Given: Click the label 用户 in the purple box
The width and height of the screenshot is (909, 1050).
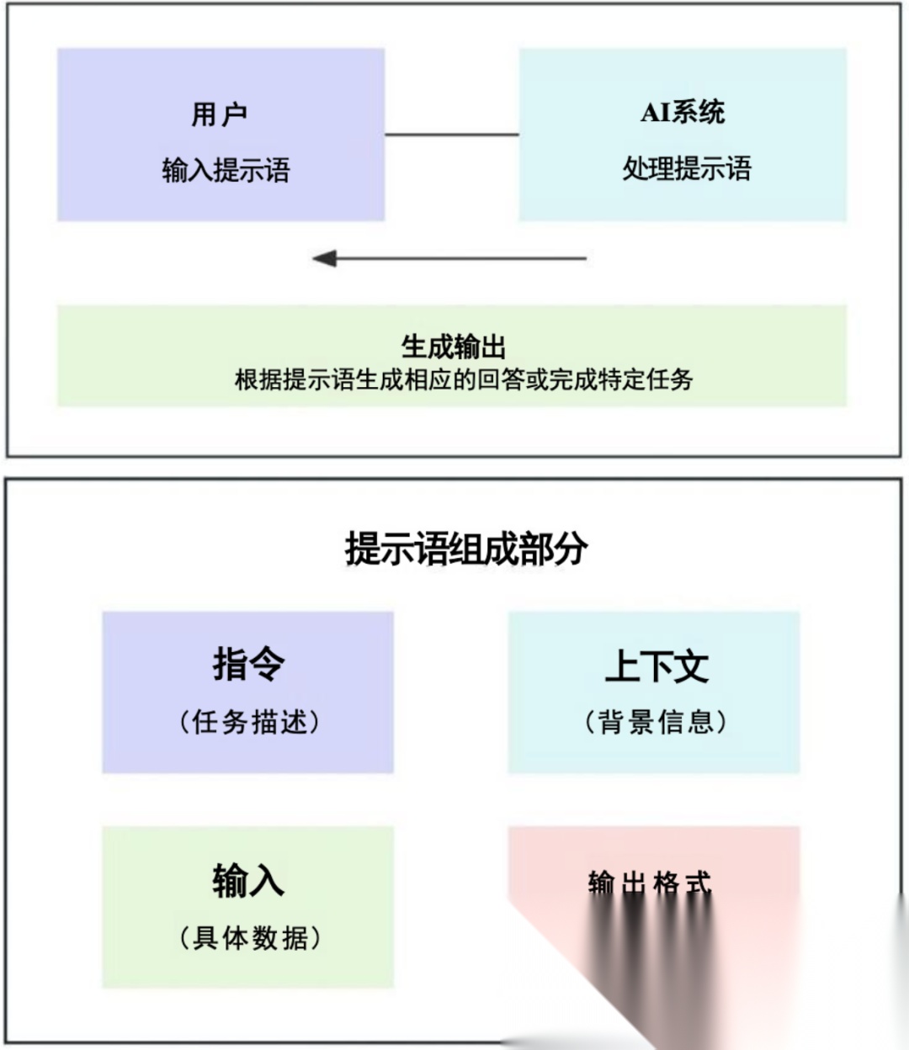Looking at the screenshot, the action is click(x=219, y=114).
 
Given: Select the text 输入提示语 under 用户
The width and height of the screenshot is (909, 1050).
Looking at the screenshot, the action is click(x=226, y=171).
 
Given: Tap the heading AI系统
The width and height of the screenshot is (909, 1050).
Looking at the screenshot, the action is click(x=683, y=112).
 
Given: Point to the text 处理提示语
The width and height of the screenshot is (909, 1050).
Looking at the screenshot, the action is click(x=686, y=168).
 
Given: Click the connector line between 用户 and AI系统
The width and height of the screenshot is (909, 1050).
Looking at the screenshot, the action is click(x=452, y=135).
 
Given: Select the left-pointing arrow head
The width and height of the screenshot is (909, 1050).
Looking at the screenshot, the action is click(x=325, y=258).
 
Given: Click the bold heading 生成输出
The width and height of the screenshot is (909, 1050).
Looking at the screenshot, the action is click(x=453, y=347).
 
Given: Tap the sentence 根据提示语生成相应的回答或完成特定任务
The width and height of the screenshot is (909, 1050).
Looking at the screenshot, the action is click(x=463, y=379).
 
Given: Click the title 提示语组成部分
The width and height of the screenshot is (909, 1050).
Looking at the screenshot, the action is click(x=466, y=549).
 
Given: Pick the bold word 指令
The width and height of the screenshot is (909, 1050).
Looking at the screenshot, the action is click(x=248, y=664).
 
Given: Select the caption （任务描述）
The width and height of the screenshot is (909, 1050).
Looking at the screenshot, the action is click(x=249, y=722).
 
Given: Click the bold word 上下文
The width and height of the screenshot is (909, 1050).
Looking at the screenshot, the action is click(x=656, y=666).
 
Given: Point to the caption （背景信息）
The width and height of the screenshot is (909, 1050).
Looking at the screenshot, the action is click(x=655, y=722).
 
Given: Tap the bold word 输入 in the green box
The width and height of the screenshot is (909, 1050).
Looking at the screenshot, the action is click(x=248, y=881).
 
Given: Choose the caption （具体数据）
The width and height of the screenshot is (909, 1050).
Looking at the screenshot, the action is click(x=249, y=937).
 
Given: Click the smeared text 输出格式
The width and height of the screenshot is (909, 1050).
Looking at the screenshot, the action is click(x=649, y=883).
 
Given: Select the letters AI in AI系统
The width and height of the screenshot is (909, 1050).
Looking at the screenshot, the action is click(x=656, y=112).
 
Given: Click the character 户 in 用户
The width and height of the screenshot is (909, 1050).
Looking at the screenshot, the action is click(x=234, y=114).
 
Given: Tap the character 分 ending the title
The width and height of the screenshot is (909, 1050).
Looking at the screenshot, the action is click(x=571, y=549).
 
